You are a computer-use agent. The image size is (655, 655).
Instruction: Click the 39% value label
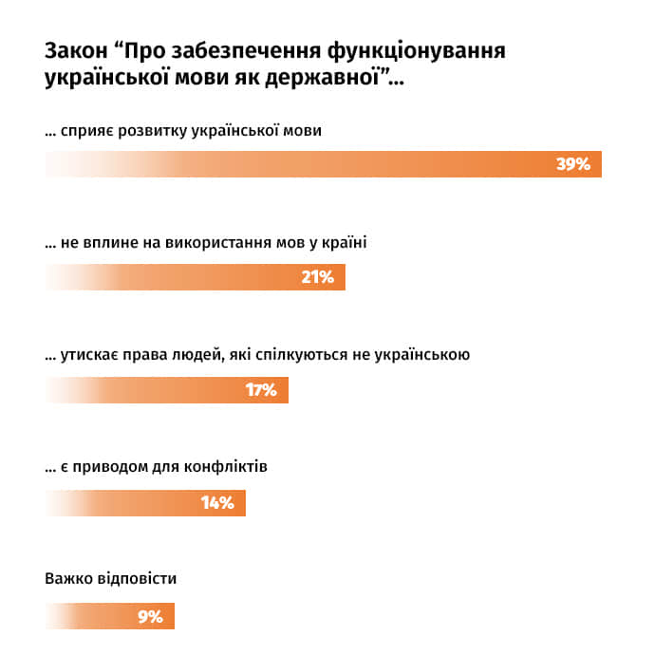click(573, 164)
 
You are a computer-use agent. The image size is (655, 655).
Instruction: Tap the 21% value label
click(317, 277)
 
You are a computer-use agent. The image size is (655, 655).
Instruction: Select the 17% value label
click(260, 390)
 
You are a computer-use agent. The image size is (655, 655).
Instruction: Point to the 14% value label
click(217, 503)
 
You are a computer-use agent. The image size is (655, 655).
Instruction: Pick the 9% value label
click(150, 616)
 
